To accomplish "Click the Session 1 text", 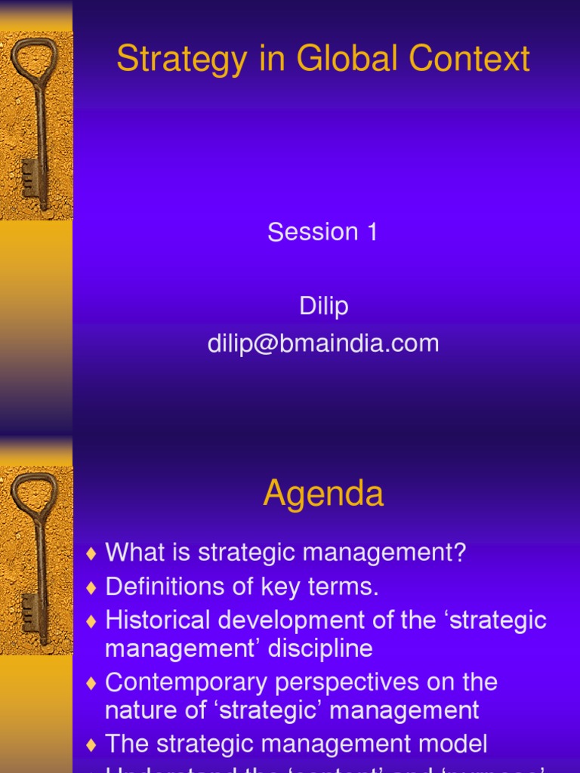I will click(x=322, y=232).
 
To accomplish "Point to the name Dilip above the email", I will click(x=323, y=306).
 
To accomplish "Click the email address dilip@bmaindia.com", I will click(x=323, y=343).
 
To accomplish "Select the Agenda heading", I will click(x=323, y=494).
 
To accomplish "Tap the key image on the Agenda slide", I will click(x=35, y=559).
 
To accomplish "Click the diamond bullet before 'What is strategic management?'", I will click(x=91, y=554).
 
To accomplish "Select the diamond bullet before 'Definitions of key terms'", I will click(x=91, y=587).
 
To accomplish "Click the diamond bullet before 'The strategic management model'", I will click(x=91, y=745).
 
